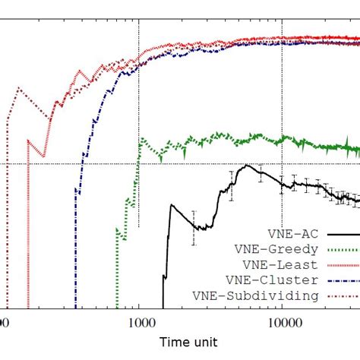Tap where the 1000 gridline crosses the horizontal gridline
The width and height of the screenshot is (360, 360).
[x=139, y=163]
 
